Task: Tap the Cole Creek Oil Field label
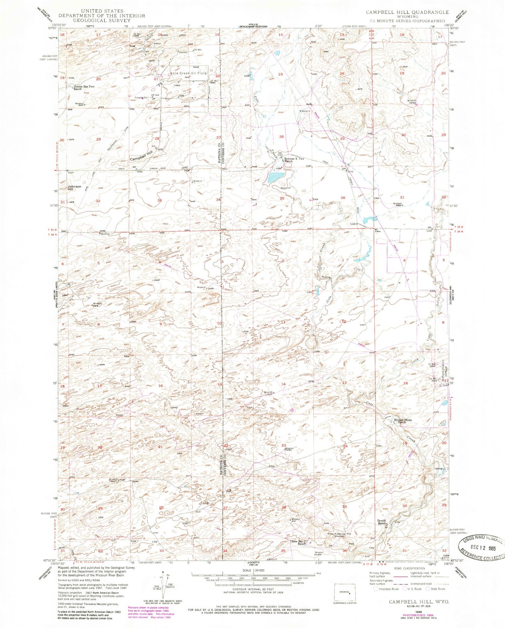tap(188, 73)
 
